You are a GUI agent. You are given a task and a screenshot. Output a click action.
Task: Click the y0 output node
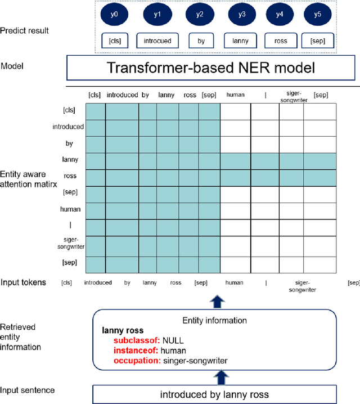click(x=114, y=14)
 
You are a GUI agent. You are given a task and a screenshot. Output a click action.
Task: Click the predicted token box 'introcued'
click(x=157, y=41)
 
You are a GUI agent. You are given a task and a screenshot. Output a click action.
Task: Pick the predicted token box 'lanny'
click(x=240, y=41)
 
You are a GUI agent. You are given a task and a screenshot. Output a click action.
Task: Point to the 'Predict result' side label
click(x=25, y=30)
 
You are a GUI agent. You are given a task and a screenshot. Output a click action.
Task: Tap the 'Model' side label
click(x=12, y=66)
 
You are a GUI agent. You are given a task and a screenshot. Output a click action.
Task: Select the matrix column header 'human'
click(x=235, y=95)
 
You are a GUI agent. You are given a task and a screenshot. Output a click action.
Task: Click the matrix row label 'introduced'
click(x=68, y=127)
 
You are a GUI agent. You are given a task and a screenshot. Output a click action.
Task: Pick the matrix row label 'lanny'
click(x=70, y=160)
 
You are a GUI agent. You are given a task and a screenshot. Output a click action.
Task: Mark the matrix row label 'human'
click(x=70, y=209)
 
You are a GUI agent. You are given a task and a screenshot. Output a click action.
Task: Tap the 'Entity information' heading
click(x=214, y=320)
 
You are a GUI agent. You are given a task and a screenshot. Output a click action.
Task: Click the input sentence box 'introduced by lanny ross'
click(x=214, y=393)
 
